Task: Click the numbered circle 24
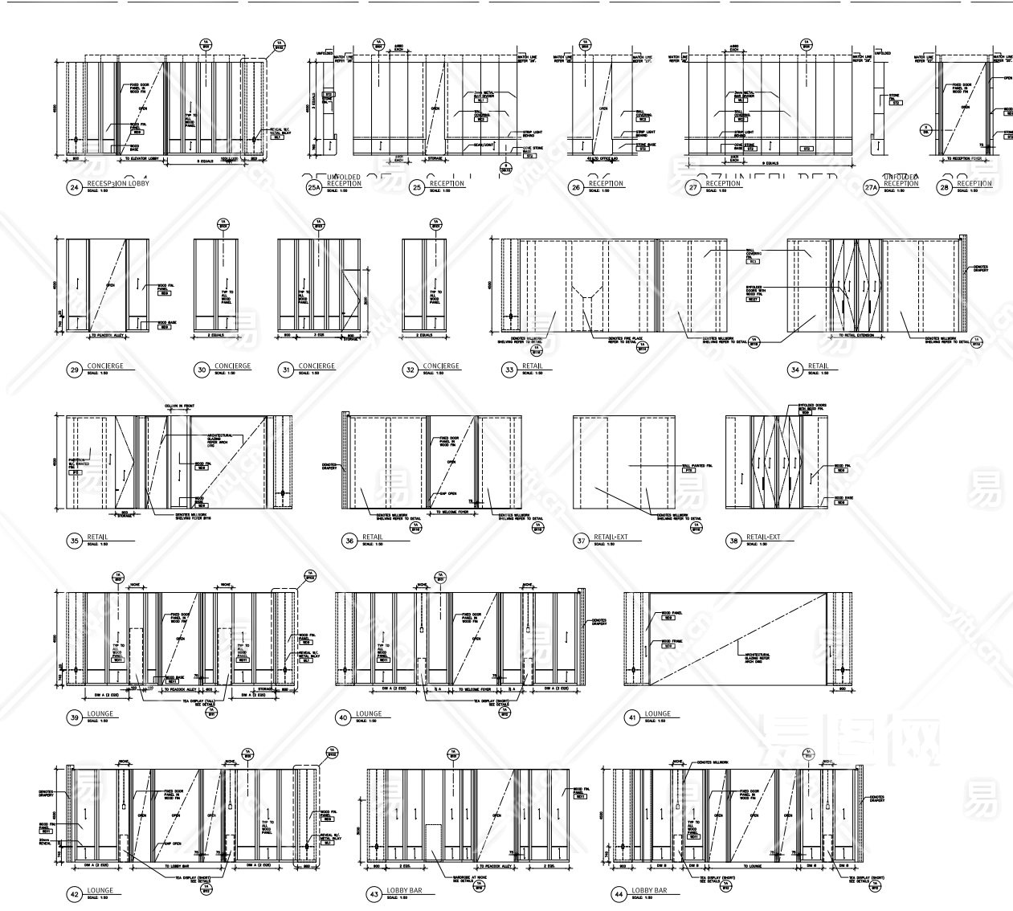[75, 188]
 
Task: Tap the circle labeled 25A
[313, 188]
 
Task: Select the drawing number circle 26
[575, 188]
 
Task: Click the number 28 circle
[946, 188]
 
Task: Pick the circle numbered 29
[75, 370]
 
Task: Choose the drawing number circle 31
[284, 370]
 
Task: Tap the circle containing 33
[509, 370]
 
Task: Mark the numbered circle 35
[75, 541]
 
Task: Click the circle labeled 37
[581, 541]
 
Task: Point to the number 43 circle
[373, 895]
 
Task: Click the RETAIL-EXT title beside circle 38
[763, 537]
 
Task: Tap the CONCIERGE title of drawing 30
[232, 366]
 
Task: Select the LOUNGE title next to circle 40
[370, 713]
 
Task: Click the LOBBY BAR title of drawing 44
[650, 891]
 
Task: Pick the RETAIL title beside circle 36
[373, 537]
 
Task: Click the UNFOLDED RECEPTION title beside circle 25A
[345, 180]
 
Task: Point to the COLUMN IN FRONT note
[180, 406]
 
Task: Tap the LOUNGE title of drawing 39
[100, 713]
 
